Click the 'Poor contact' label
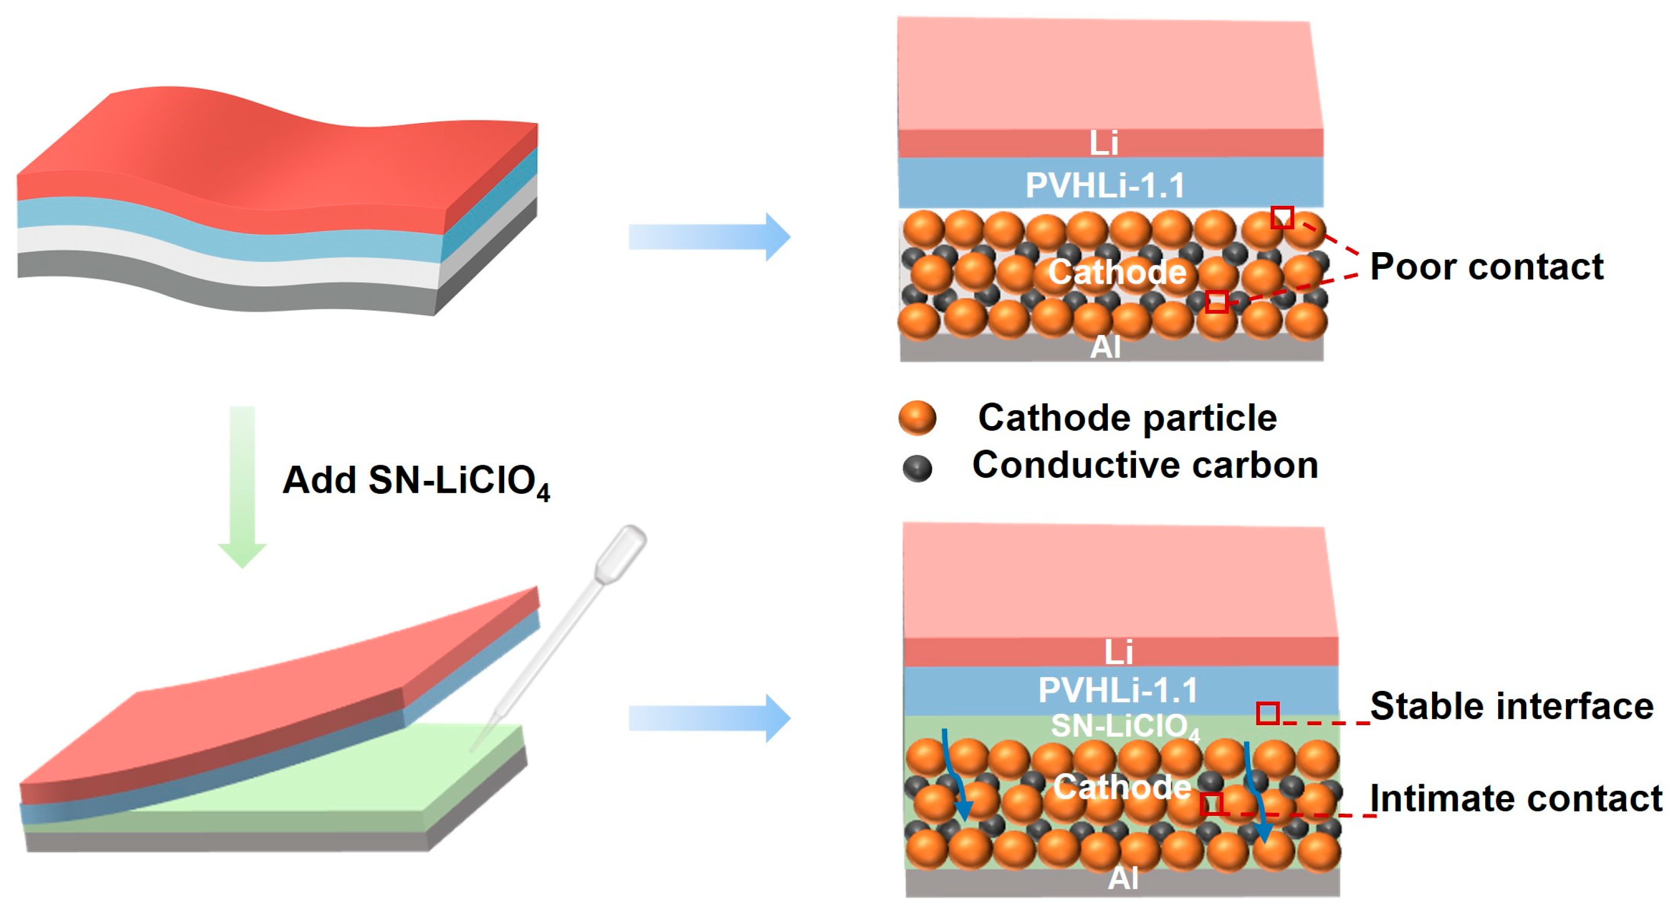pyautogui.click(x=1486, y=267)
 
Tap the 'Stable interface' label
pyautogui.click(x=1511, y=706)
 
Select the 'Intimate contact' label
pyautogui.click(x=1516, y=798)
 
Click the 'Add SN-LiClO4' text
pyautogui.click(x=417, y=481)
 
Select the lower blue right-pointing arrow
pyautogui.click(x=709, y=718)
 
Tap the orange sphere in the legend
pyautogui.click(x=917, y=417)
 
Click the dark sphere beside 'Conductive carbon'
pyautogui.click(x=917, y=468)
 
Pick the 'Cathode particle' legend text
pyautogui.click(x=1127, y=417)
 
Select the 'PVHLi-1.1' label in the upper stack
pyautogui.click(x=1105, y=185)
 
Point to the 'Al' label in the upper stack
pyautogui.click(x=1105, y=347)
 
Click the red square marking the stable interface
pyautogui.click(x=1267, y=714)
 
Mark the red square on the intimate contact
pyautogui.click(x=1212, y=804)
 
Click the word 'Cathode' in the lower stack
pyautogui.click(x=1122, y=787)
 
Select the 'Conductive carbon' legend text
pyautogui.click(x=1145, y=465)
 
